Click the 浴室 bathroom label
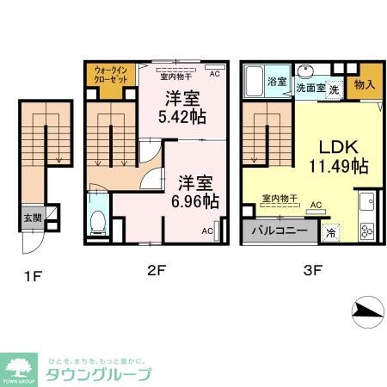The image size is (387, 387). click(x=277, y=81)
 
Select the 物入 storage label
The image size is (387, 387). click(x=365, y=85)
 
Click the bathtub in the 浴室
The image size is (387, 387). click(x=255, y=83)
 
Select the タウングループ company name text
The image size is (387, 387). click(x=98, y=374)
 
